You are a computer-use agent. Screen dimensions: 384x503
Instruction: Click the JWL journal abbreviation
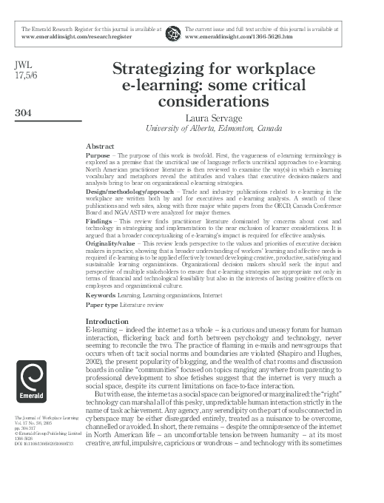24,65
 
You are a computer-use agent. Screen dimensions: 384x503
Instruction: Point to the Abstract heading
100,146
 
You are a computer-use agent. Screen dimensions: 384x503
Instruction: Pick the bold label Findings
100,220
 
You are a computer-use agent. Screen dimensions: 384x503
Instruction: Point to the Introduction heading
107,321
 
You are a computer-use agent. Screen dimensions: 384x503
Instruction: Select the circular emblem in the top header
173,32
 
